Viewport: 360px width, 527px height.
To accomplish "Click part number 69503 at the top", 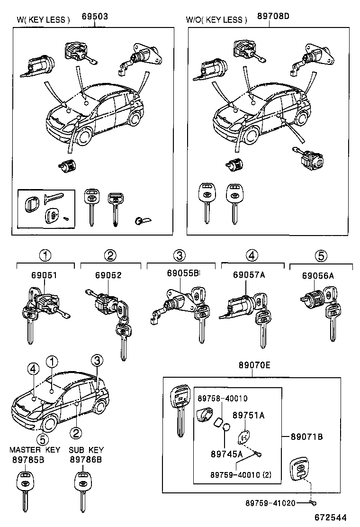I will pyautogui.click(x=96, y=17).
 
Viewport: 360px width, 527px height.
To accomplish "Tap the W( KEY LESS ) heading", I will pyautogui.click(x=43, y=20).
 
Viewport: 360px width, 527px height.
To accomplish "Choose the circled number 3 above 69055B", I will pyautogui.click(x=179, y=256).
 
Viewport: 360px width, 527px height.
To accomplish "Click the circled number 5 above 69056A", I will pyautogui.click(x=321, y=256).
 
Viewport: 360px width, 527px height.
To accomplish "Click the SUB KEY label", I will pyautogui.click(x=86, y=449).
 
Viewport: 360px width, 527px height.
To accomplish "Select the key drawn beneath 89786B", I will pyautogui.click(x=82, y=491).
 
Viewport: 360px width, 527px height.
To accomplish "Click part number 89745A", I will pyautogui.click(x=226, y=453).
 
